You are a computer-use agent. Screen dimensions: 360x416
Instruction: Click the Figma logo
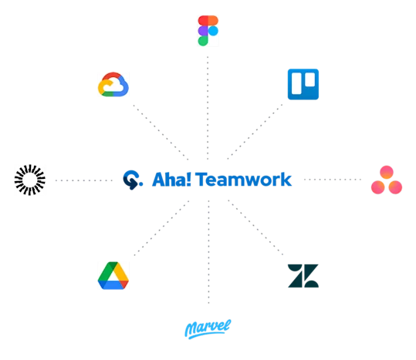[206, 30]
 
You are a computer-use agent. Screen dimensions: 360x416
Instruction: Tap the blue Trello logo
[303, 85]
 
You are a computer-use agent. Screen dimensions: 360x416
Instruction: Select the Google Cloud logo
[111, 84]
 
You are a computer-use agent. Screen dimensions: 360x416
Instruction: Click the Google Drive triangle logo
[111, 274]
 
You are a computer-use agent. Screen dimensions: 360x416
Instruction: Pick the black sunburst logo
[30, 180]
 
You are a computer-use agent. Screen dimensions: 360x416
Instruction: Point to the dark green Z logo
[302, 276]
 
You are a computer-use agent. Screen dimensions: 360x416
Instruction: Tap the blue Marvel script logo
[206, 328]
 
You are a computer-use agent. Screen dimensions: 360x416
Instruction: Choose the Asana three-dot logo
[385, 180]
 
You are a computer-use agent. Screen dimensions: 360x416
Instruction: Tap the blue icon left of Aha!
[132, 180]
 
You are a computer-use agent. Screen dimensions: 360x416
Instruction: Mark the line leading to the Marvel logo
[206, 262]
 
